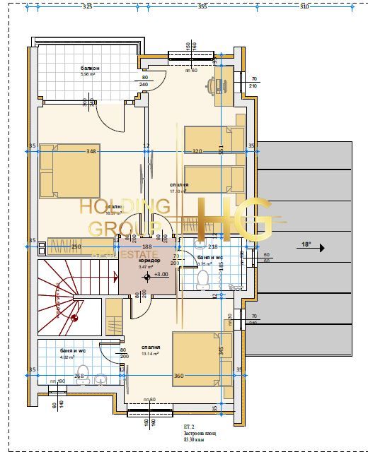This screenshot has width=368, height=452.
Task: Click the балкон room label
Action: pos(90,67)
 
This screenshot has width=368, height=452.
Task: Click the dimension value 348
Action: pos(91,150)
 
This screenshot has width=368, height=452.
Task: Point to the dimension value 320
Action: pos(197,150)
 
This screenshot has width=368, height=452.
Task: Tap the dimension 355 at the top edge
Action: pos(202,6)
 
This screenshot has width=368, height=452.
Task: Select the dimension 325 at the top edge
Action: pos(87,6)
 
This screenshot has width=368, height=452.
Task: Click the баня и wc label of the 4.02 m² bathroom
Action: pos(53,350)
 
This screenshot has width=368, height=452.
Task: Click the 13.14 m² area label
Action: pos(151,354)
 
